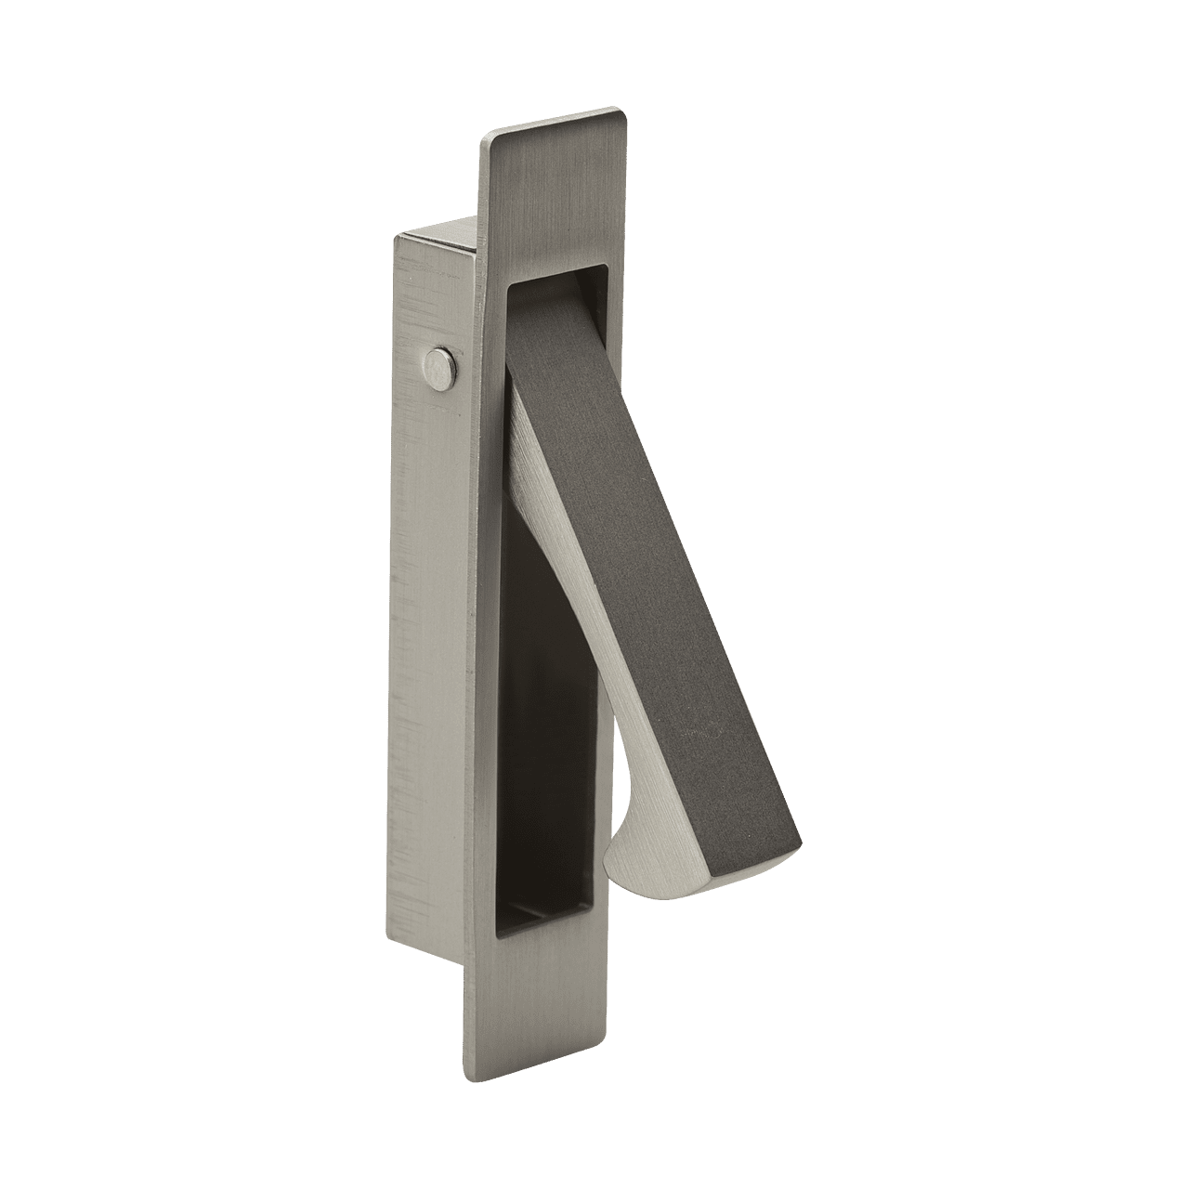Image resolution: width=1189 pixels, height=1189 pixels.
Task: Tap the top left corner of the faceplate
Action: click(483, 139)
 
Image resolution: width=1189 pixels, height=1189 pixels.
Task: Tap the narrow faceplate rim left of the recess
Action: click(497, 650)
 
